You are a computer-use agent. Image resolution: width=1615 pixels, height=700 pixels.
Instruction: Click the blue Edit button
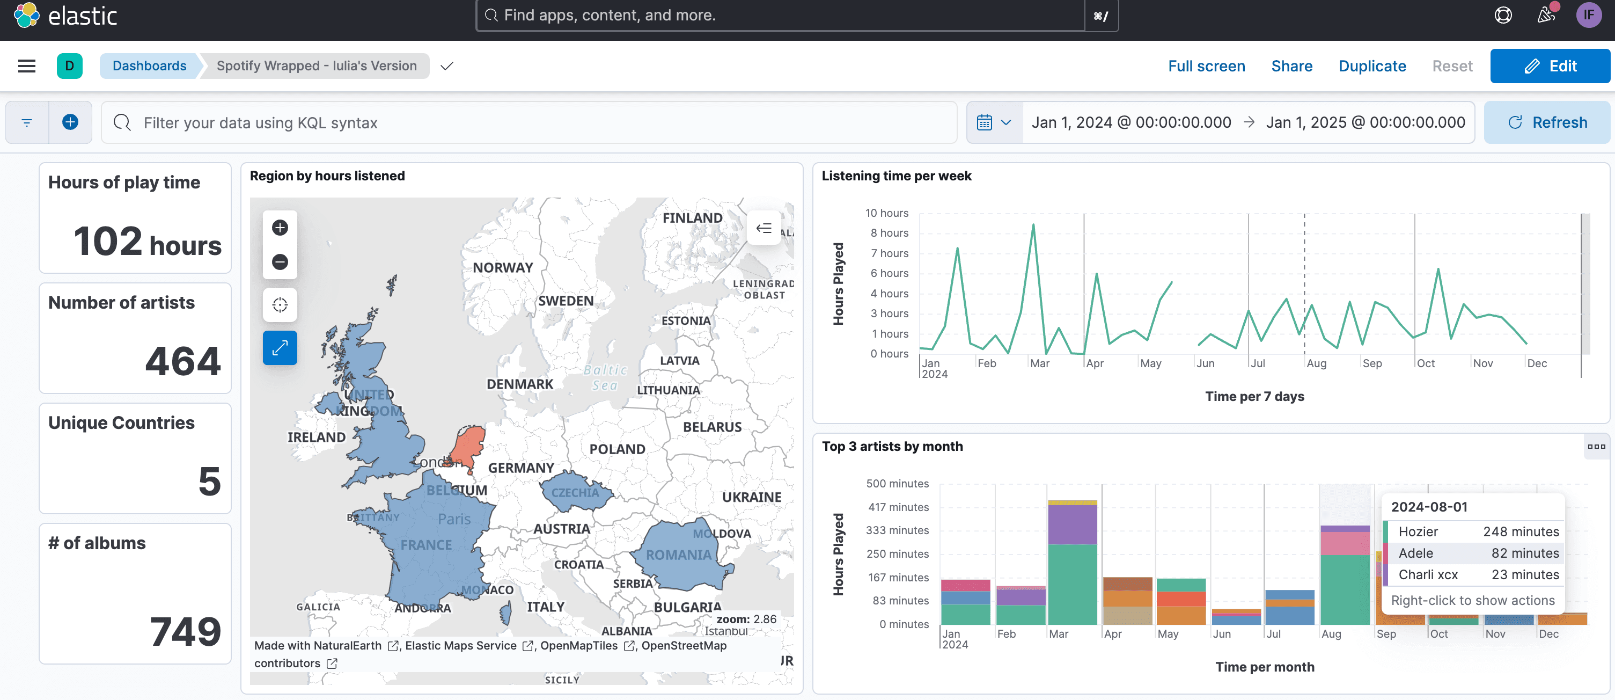[1550, 66]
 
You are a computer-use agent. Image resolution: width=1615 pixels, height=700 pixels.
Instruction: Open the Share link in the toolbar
[1291, 66]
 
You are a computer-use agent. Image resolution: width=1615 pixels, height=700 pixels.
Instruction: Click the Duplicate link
[1372, 66]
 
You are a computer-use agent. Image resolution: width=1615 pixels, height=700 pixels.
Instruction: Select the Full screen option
[1206, 66]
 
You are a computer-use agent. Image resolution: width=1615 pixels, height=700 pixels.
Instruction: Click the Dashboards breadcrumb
[149, 66]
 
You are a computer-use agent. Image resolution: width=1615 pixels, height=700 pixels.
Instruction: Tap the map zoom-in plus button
[280, 227]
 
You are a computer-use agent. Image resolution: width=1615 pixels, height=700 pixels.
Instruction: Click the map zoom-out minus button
[280, 261]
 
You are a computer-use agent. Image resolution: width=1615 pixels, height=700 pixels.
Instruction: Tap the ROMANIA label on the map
[678, 555]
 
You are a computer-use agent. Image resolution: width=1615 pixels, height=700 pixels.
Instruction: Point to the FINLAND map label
[692, 217]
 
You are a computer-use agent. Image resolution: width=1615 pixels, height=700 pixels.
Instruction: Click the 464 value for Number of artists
[182, 361]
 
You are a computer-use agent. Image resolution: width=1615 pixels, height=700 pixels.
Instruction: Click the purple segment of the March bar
[1072, 524]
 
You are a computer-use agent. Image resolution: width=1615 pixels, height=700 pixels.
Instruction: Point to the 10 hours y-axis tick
[886, 213]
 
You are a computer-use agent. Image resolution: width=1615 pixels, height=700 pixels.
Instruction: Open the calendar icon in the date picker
[985, 122]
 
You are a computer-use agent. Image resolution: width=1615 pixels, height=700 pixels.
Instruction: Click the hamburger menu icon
[27, 66]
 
